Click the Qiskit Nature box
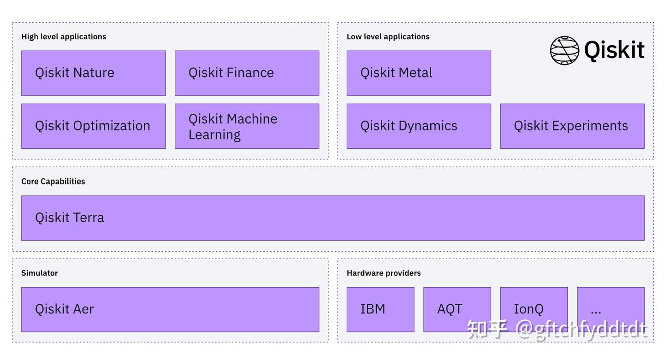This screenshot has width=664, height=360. click(93, 73)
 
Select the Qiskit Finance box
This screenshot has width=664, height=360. click(247, 73)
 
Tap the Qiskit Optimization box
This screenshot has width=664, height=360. click(93, 126)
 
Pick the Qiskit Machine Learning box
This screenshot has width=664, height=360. click(247, 126)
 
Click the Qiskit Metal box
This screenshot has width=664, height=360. click(419, 73)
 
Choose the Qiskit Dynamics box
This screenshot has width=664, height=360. click(419, 126)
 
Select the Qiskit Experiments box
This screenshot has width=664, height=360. click(572, 126)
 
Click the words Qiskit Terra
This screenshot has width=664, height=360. click(70, 218)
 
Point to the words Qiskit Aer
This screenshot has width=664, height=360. click(65, 309)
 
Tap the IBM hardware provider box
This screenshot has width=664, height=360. click(380, 309)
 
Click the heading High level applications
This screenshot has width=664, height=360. click(64, 36)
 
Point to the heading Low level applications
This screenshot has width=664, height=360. click(388, 36)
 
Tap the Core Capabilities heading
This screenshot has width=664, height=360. click(53, 181)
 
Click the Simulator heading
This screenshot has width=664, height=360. click(40, 273)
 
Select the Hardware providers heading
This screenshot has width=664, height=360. click(384, 273)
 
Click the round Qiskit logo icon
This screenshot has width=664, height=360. click(564, 50)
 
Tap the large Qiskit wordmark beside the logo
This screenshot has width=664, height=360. click(614, 50)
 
